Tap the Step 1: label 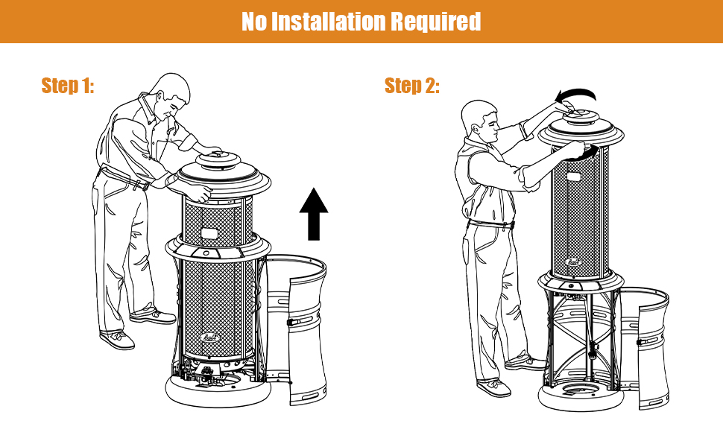[68, 86]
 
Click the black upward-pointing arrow [314, 214]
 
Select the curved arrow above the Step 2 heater [578, 95]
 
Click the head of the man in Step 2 [480, 121]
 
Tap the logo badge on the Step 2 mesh [573, 261]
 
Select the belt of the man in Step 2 [489, 224]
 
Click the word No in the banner [253, 22]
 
